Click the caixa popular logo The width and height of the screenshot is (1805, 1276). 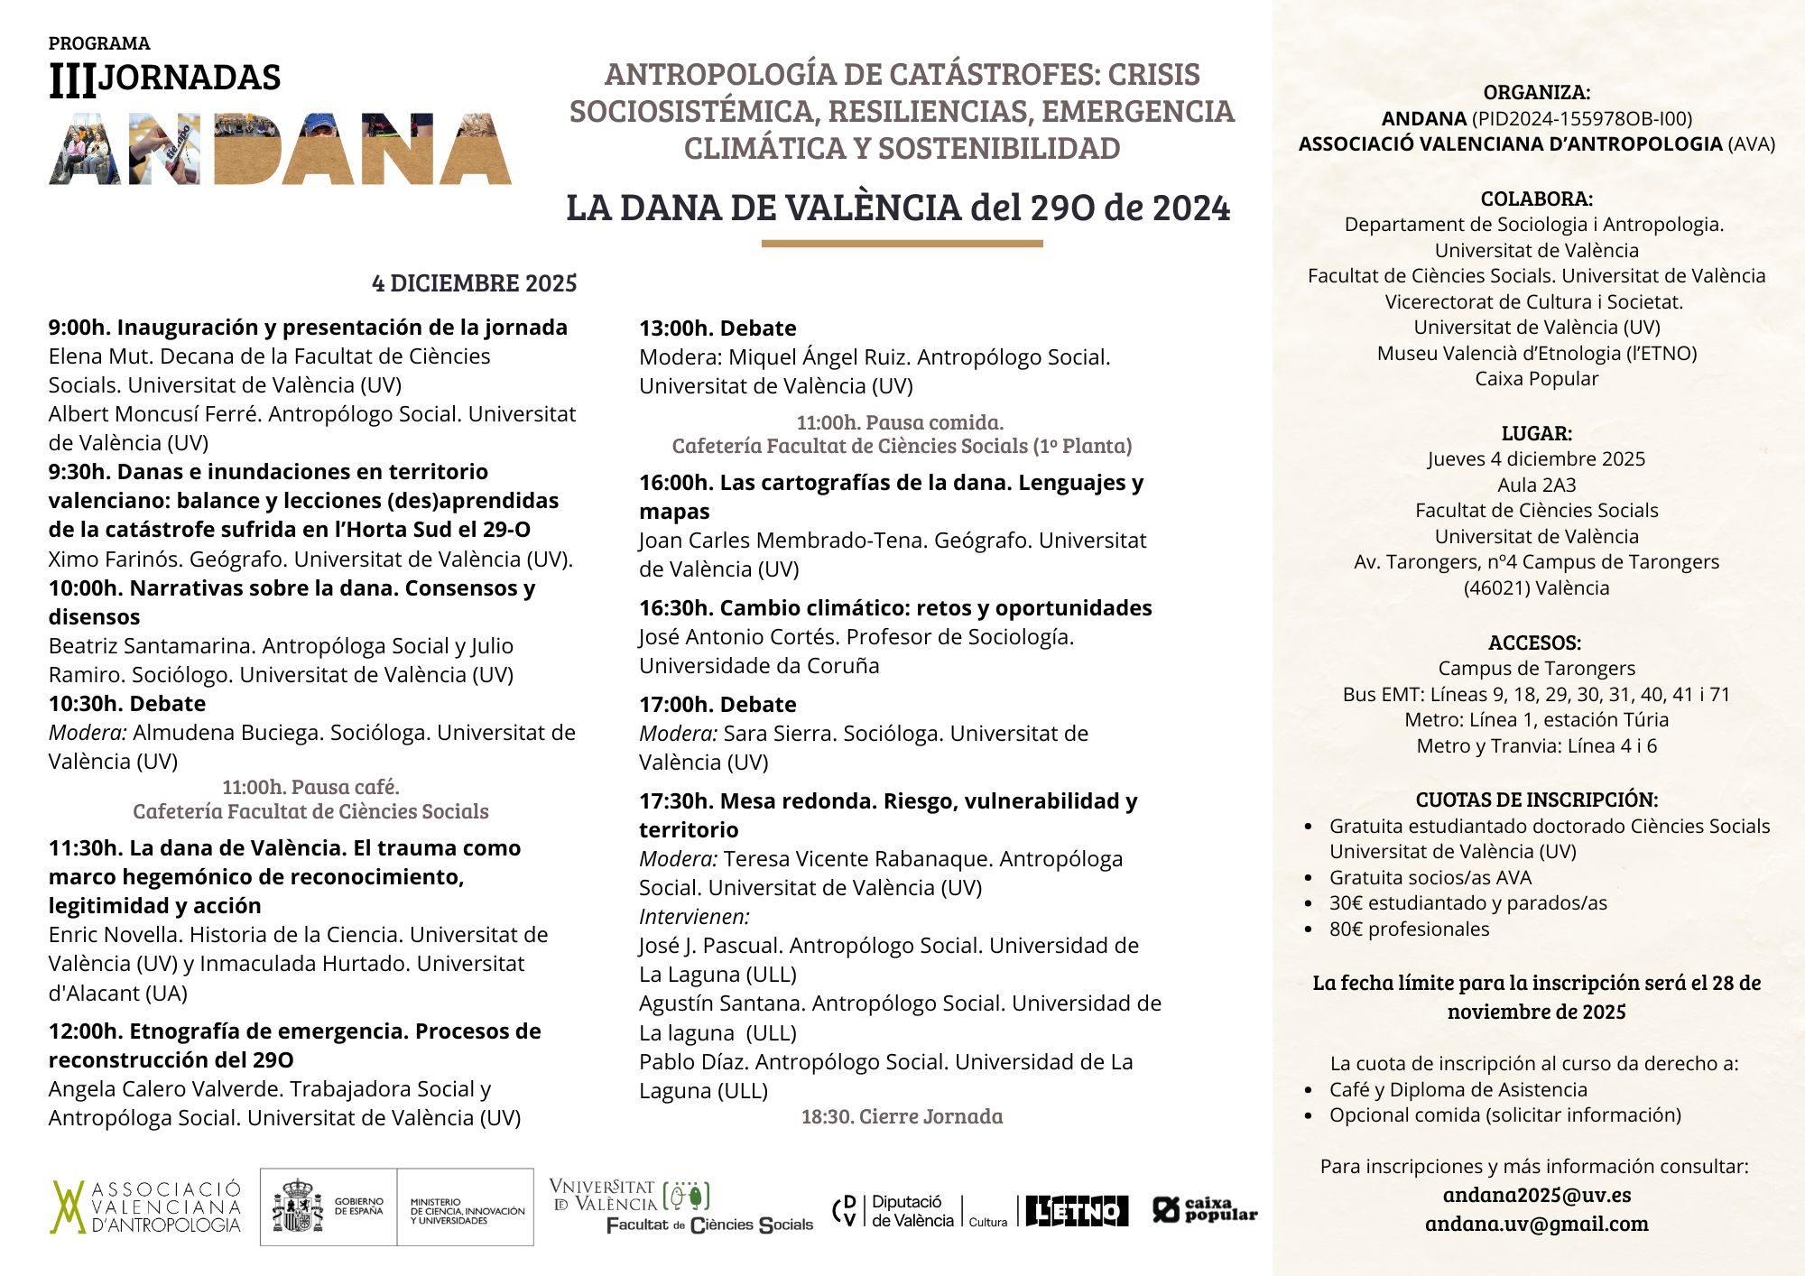pos(1205,1209)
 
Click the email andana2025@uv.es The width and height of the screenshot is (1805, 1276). pos(1536,1195)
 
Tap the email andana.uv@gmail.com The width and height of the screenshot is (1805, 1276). pos(1536,1224)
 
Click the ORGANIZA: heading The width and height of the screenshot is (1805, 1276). pos(1536,92)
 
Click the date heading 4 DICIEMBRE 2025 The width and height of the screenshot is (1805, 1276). pos(474,283)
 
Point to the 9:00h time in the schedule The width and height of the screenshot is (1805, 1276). pos(79,328)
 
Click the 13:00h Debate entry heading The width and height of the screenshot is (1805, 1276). pos(717,328)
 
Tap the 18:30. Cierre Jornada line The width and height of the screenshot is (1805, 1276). pos(902,1116)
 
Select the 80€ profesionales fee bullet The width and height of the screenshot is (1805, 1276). pos(1409,929)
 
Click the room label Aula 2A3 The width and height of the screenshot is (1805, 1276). pos(1536,485)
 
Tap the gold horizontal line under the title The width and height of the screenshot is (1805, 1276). pos(902,243)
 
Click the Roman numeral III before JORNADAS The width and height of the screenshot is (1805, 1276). pos(72,81)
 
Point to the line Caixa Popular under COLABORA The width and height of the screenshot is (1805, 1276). pos(1536,379)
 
